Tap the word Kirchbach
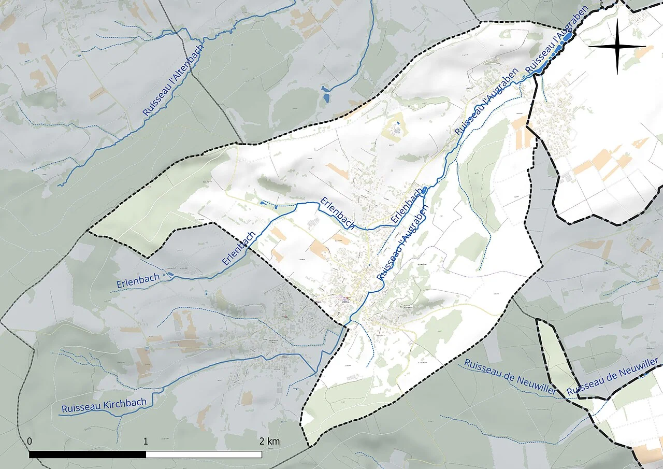point(124,403)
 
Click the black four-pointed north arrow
point(617,46)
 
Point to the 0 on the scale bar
point(30,442)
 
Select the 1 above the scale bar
point(146,442)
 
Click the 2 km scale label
point(269,442)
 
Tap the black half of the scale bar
point(88,454)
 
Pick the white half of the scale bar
point(204,454)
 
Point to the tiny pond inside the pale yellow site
point(397,123)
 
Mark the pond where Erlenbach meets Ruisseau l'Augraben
point(425,190)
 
